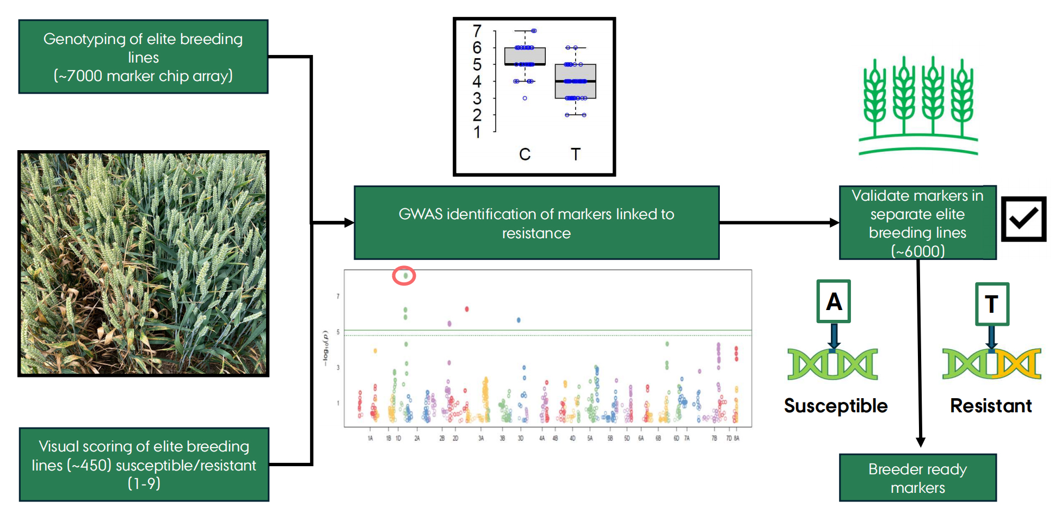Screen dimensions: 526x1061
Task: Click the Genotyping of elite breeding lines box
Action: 143,57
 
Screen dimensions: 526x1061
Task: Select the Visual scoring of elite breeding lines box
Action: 144,464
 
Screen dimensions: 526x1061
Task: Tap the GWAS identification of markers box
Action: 536,223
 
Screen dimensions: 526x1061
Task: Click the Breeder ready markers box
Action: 917,478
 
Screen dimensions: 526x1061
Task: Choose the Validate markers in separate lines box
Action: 917,223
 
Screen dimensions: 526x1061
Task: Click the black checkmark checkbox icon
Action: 1023,219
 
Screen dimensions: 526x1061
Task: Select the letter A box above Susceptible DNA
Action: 833,301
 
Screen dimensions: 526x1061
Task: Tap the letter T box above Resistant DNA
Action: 991,304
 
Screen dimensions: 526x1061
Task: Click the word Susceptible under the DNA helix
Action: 835,406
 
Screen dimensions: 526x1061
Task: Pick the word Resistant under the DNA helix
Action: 991,406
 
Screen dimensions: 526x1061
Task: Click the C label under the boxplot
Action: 525,154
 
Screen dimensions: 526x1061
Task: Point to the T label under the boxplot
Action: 575,154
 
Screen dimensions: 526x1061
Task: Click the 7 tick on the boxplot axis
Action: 477,31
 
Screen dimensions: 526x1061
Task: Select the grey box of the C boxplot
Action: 525,56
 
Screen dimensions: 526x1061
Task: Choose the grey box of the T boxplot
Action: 575,82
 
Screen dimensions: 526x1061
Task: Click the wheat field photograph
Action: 144,264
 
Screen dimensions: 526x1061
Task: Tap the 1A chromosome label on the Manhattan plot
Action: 371,438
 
